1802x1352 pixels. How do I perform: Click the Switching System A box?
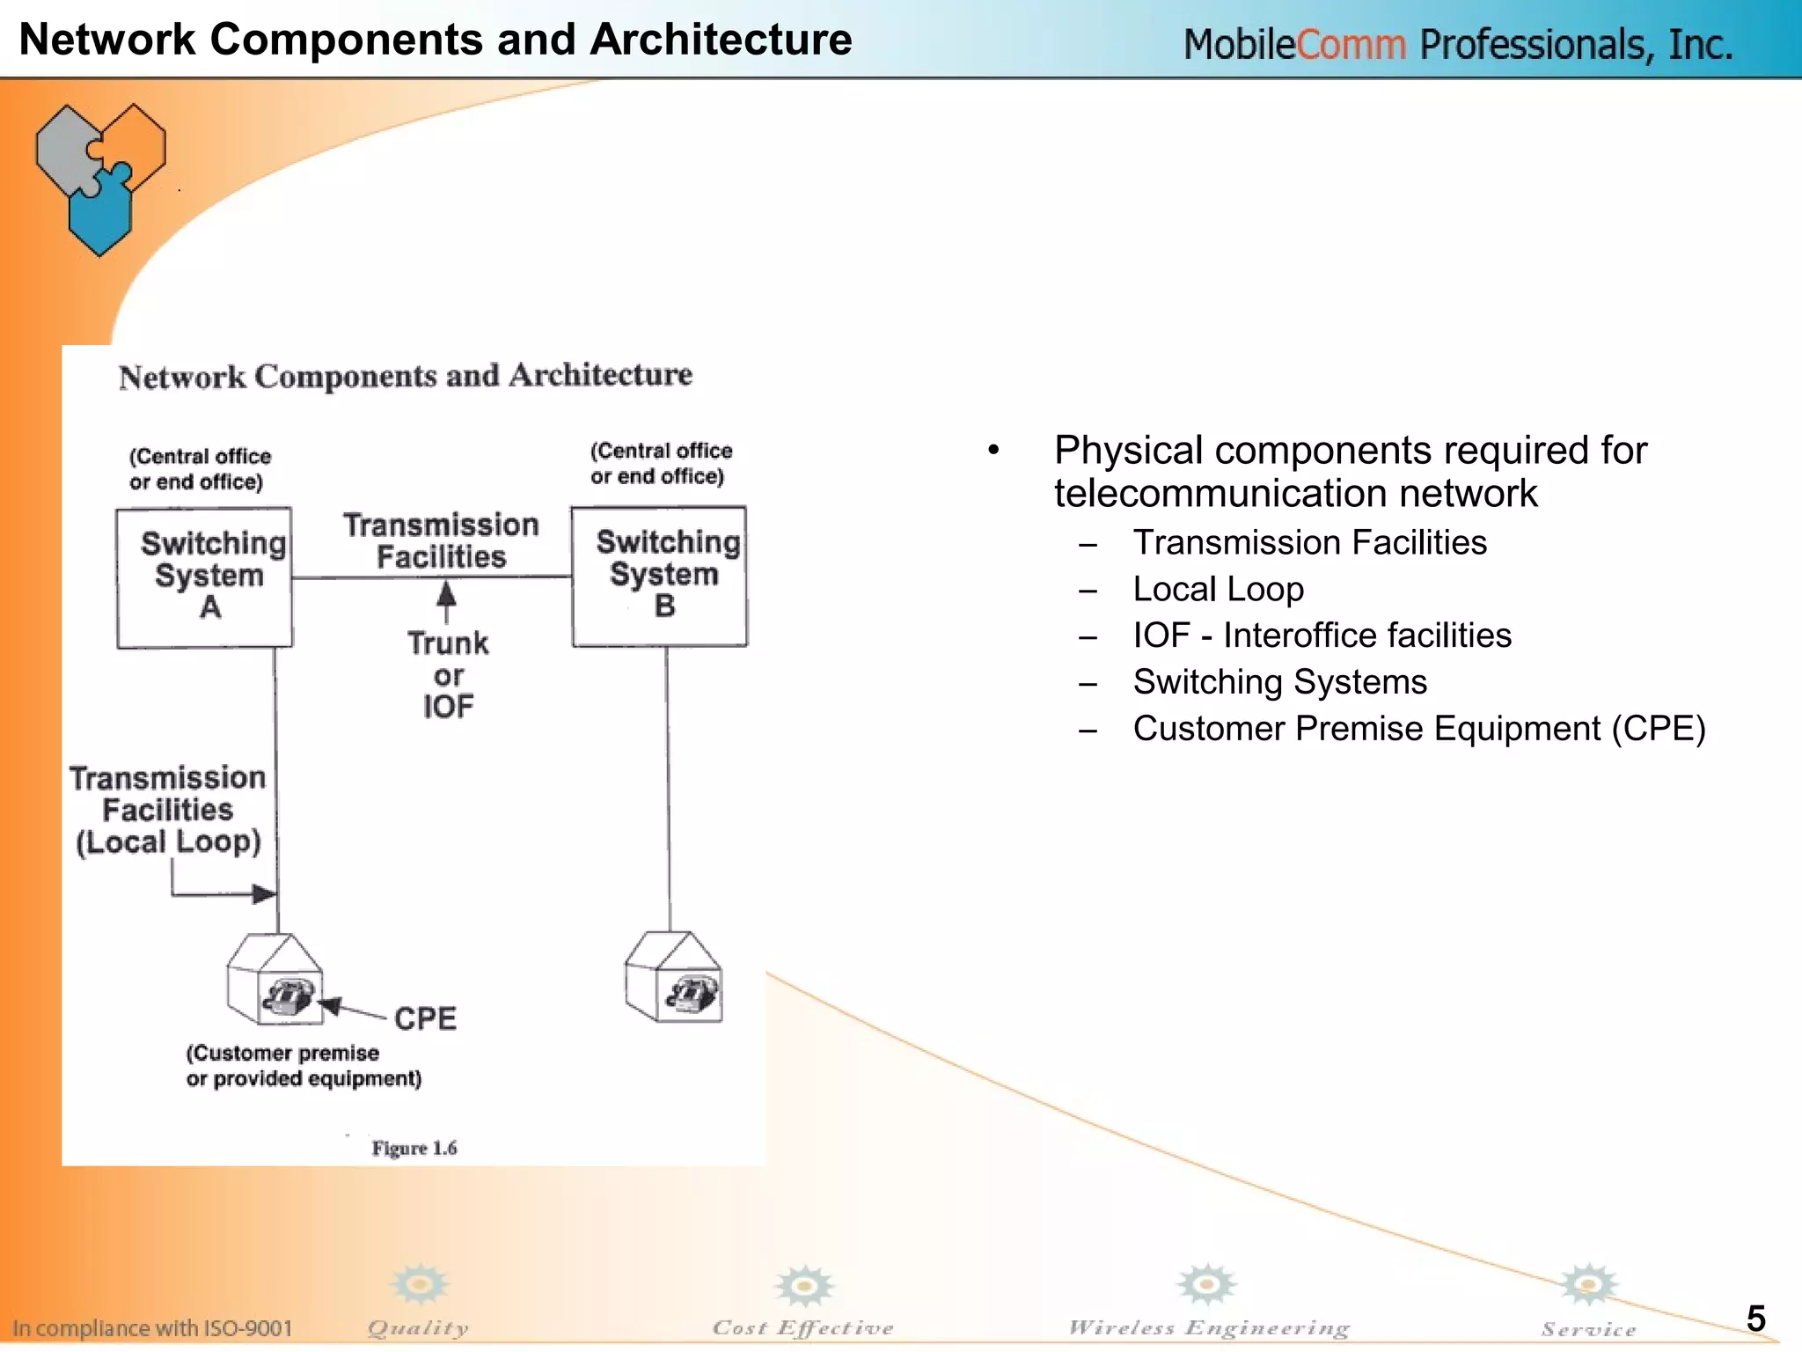tap(204, 577)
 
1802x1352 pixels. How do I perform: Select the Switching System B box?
tap(660, 576)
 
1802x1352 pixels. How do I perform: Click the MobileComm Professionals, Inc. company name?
tap(1458, 44)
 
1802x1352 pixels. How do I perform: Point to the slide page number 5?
tap(1755, 1318)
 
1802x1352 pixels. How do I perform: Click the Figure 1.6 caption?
tap(414, 1148)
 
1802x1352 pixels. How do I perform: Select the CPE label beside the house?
tap(425, 1018)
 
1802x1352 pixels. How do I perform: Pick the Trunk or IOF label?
tap(448, 674)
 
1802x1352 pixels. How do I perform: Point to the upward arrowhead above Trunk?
tap(447, 592)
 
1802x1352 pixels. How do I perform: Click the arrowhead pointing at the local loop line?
tap(264, 894)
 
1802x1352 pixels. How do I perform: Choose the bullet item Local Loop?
tap(1218, 589)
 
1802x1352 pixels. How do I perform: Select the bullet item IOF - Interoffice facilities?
tap(1322, 636)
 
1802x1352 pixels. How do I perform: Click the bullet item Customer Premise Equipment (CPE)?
tap(1418, 729)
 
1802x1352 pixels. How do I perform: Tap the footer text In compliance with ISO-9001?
tap(152, 1327)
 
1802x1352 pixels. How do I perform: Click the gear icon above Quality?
tap(420, 1285)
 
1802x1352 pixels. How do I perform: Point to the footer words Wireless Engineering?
tap(1208, 1327)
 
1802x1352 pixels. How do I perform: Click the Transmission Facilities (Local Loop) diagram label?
tap(168, 810)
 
